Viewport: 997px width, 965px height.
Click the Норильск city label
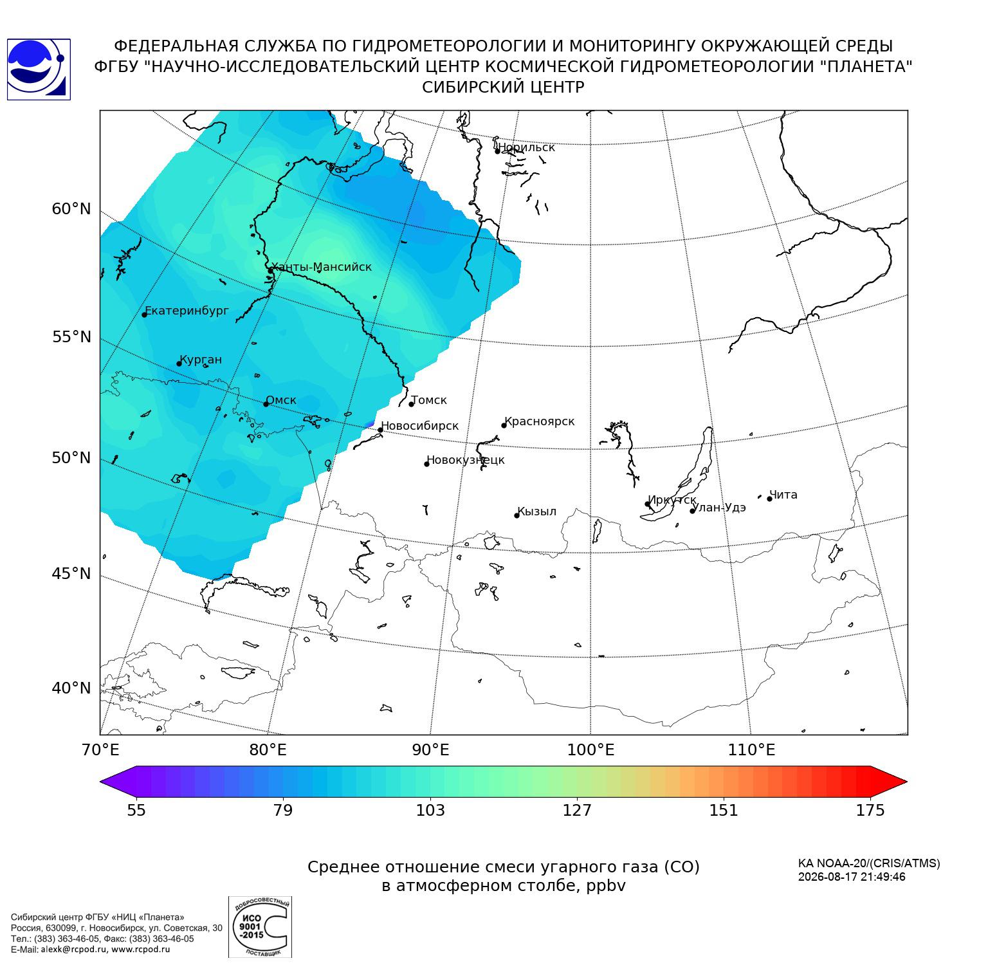point(526,147)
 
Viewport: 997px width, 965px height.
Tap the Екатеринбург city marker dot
point(145,315)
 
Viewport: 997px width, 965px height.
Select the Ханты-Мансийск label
point(322,267)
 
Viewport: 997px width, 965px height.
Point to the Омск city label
point(281,400)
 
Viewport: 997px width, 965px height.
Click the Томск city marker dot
point(412,404)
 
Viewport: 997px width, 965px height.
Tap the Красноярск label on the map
point(540,421)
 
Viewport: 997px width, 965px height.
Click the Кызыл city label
point(536,511)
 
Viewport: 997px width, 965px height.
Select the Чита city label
point(783,495)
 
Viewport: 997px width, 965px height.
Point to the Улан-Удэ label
point(718,508)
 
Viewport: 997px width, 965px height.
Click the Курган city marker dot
point(179,364)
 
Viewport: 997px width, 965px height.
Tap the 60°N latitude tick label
point(71,209)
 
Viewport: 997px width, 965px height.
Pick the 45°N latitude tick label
point(71,573)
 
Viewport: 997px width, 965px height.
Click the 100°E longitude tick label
point(590,750)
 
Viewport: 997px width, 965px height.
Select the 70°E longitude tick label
point(100,750)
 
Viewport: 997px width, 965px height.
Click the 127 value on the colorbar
point(577,811)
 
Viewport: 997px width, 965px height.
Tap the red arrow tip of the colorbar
point(907,782)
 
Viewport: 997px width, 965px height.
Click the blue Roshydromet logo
point(39,69)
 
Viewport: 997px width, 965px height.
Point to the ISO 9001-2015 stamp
point(260,926)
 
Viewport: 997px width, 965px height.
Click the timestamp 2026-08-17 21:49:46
point(852,877)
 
